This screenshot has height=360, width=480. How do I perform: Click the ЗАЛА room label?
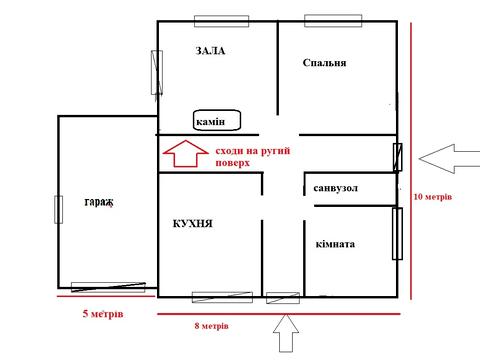click(x=210, y=51)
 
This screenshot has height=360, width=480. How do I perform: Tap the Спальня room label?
click(x=324, y=63)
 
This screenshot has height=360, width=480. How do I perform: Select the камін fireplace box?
click(x=217, y=120)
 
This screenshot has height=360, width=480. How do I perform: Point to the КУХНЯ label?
click(x=193, y=223)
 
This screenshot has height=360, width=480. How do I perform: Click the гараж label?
click(x=99, y=202)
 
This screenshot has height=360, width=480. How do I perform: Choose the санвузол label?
click(x=336, y=188)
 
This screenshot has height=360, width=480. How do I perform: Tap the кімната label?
click(x=335, y=244)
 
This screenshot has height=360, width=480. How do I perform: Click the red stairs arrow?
click(x=186, y=154)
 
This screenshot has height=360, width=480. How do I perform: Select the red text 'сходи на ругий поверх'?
click(x=253, y=157)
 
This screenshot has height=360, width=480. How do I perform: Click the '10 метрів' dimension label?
click(x=433, y=197)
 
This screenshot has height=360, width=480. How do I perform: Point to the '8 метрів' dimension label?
click(x=212, y=326)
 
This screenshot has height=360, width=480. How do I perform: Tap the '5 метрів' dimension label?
click(x=103, y=314)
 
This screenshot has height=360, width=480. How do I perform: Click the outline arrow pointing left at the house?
click(x=449, y=159)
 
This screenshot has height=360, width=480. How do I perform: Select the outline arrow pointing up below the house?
click(x=286, y=333)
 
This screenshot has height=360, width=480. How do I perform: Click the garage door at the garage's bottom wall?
click(x=108, y=287)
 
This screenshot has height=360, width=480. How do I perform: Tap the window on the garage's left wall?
click(x=58, y=209)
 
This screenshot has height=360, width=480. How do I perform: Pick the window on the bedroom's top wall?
click(x=333, y=21)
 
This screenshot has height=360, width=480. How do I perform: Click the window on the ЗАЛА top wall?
click(x=222, y=21)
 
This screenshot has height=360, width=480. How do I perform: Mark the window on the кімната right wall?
click(x=397, y=234)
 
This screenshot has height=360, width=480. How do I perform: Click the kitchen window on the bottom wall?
click(x=222, y=297)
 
